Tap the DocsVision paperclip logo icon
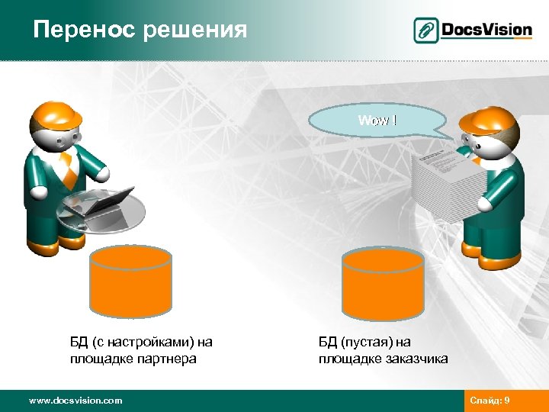tap(426, 30)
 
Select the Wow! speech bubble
tap(378, 121)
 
